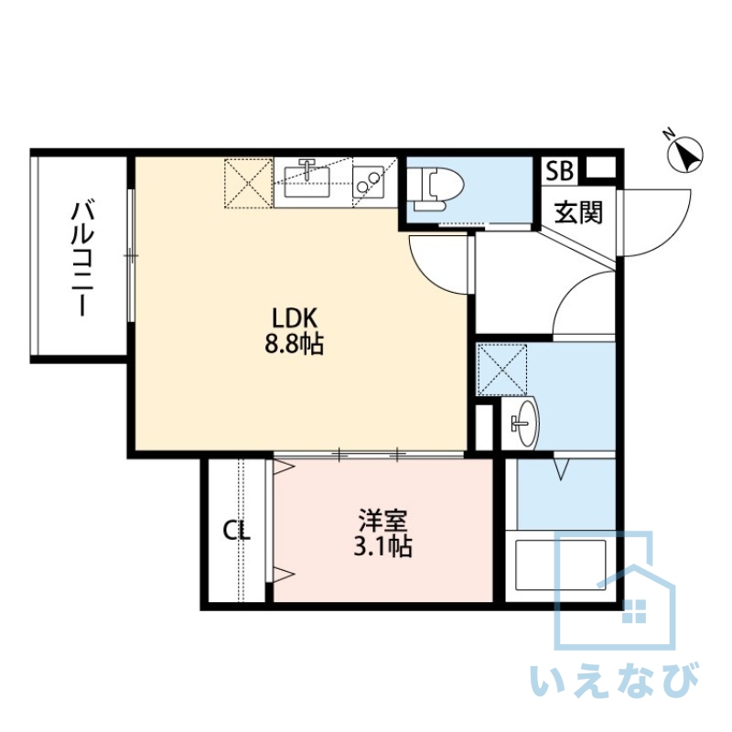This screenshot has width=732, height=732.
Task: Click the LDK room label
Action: click(295, 318)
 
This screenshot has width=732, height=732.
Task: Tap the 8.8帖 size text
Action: click(294, 345)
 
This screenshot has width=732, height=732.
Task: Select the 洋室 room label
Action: click(382, 521)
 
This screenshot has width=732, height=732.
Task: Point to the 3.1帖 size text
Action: click(382, 546)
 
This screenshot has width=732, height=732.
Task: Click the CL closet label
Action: click(236, 532)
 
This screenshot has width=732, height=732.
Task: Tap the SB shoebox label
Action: click(559, 170)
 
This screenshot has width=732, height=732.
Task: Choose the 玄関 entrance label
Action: click(578, 212)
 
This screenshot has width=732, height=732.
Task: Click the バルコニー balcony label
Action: click(82, 258)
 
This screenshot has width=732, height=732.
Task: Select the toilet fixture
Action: click(436, 188)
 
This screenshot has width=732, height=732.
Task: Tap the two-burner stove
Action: click(368, 182)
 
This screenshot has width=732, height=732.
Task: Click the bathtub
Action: click(560, 565)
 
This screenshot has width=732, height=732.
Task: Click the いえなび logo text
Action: click(615, 683)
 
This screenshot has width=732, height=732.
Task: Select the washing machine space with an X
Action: click(501, 370)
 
